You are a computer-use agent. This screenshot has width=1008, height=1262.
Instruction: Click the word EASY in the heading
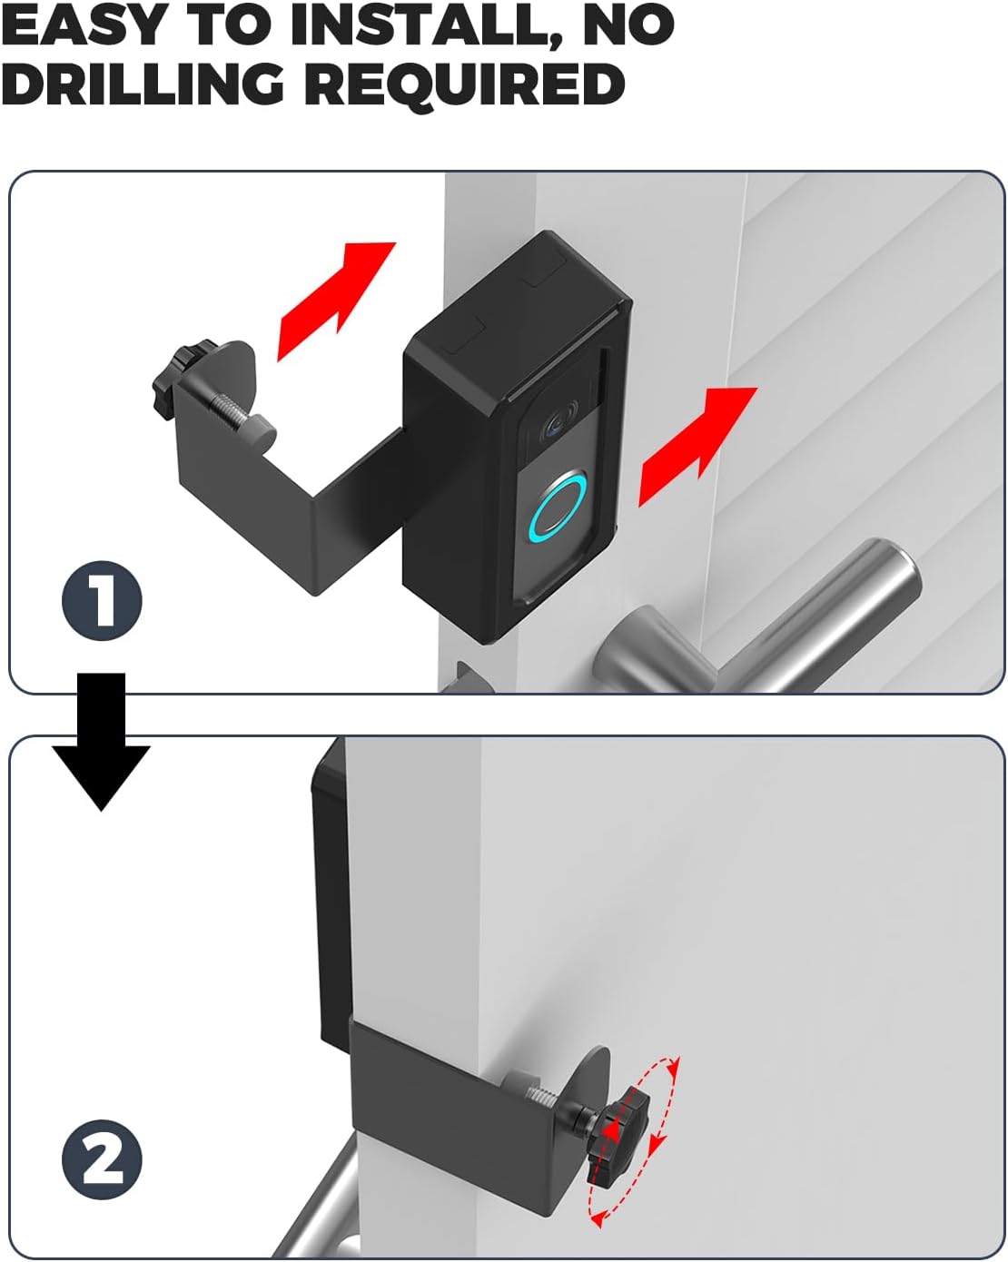pos(84,25)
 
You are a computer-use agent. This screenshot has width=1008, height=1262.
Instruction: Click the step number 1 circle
pos(102,600)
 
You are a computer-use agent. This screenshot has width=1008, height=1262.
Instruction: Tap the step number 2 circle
pos(102,1159)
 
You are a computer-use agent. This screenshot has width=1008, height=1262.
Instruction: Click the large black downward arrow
pos(102,741)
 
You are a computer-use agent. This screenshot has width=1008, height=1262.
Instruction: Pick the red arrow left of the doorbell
pos(336,301)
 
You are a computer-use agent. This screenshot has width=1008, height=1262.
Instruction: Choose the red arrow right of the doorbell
pos(697,447)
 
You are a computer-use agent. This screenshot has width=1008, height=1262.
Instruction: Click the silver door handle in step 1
pos(756,622)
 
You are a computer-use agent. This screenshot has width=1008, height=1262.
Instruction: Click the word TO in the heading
pos(228,25)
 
